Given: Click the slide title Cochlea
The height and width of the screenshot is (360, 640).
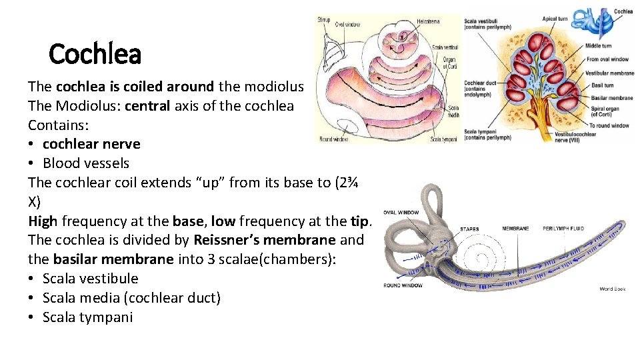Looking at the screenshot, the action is [95, 54].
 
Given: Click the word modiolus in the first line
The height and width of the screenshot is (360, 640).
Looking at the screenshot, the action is [274, 86].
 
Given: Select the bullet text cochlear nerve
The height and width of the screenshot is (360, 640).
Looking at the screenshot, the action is [91, 144].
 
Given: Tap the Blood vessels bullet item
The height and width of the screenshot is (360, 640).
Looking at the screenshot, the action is [86, 163].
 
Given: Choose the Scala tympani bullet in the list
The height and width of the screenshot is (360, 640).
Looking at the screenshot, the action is [87, 317].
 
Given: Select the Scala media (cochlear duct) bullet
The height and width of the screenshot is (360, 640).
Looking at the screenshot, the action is [131, 298].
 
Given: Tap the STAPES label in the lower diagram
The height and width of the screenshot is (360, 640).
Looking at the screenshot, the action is [469, 229].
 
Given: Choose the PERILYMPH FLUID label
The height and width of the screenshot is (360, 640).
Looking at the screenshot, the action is [563, 229].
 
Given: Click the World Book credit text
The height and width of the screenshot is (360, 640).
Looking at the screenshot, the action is [612, 289].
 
